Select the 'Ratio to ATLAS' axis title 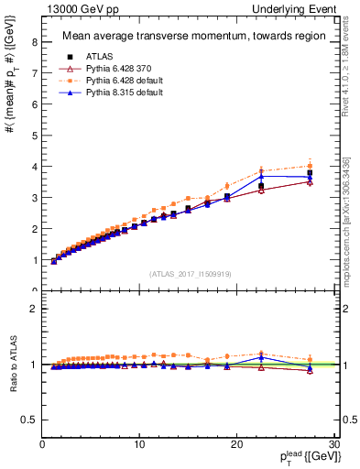(13, 366)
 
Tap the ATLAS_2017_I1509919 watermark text (190, 272)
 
